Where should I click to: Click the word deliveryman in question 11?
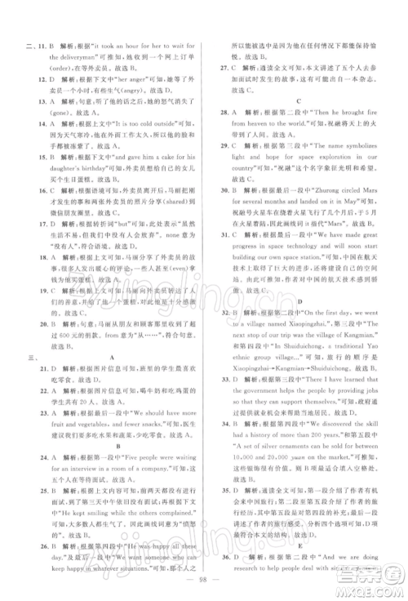coord(57,50)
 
